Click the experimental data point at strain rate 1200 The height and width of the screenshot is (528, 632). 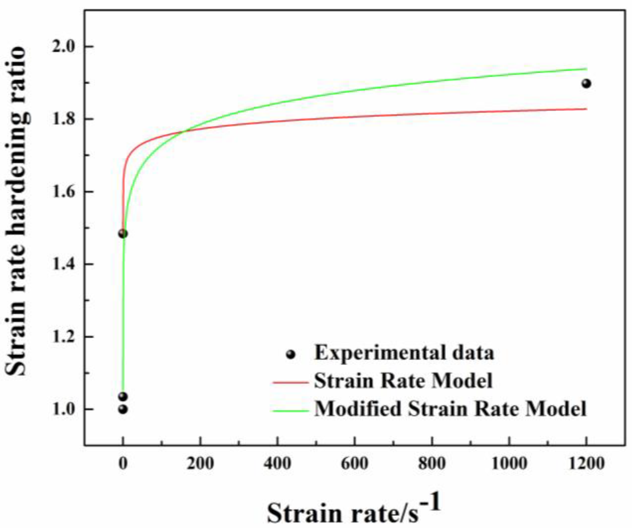[x=586, y=83]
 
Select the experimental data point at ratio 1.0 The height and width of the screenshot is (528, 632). [x=123, y=409]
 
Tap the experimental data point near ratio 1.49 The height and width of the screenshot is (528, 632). [x=123, y=234]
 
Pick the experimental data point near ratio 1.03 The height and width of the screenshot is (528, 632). [x=123, y=396]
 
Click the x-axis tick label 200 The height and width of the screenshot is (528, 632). [x=200, y=464]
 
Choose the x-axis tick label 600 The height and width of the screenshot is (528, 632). [x=354, y=464]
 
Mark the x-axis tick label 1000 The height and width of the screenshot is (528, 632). [x=509, y=464]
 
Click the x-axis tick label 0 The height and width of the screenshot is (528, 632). [x=123, y=464]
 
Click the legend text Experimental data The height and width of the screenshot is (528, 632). [x=404, y=353]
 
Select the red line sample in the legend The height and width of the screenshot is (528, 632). [x=290, y=383]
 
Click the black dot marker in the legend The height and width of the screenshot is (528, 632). [x=290, y=354]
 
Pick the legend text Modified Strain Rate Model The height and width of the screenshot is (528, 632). [x=450, y=409]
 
